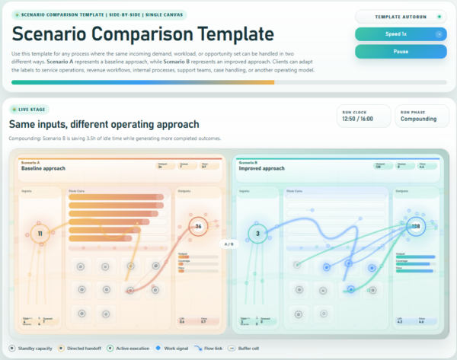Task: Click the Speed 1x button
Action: pyautogui.click(x=400, y=34)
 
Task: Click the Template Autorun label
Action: pyautogui.click(x=401, y=16)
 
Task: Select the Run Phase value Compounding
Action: pyautogui.click(x=420, y=119)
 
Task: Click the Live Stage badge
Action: pyautogui.click(x=26, y=110)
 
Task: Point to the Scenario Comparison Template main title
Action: pyautogui.click(x=142, y=33)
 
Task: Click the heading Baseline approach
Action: pyautogui.click(x=43, y=168)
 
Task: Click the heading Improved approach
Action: pyautogui.click(x=261, y=168)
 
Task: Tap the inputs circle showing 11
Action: pyautogui.click(x=39, y=234)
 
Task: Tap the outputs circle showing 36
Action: pyautogui.click(x=198, y=226)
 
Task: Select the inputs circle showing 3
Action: pyautogui.click(x=258, y=234)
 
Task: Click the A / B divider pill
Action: pyautogui.click(x=227, y=244)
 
